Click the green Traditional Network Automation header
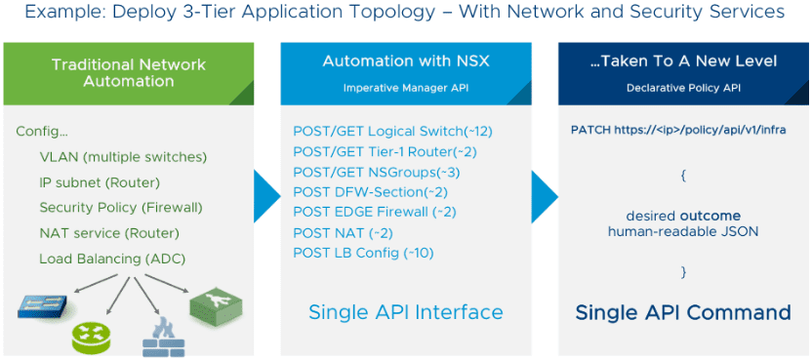pos(129,73)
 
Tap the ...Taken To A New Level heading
pos(683,61)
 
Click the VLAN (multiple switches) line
pos(123,157)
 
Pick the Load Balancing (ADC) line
pos(112,259)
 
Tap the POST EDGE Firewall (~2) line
pos(375,212)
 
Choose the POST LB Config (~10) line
pos(363,253)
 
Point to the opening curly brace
pos(683,175)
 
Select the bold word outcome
pos(710,216)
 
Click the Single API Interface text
pos(405,312)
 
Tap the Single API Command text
pos(683,312)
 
